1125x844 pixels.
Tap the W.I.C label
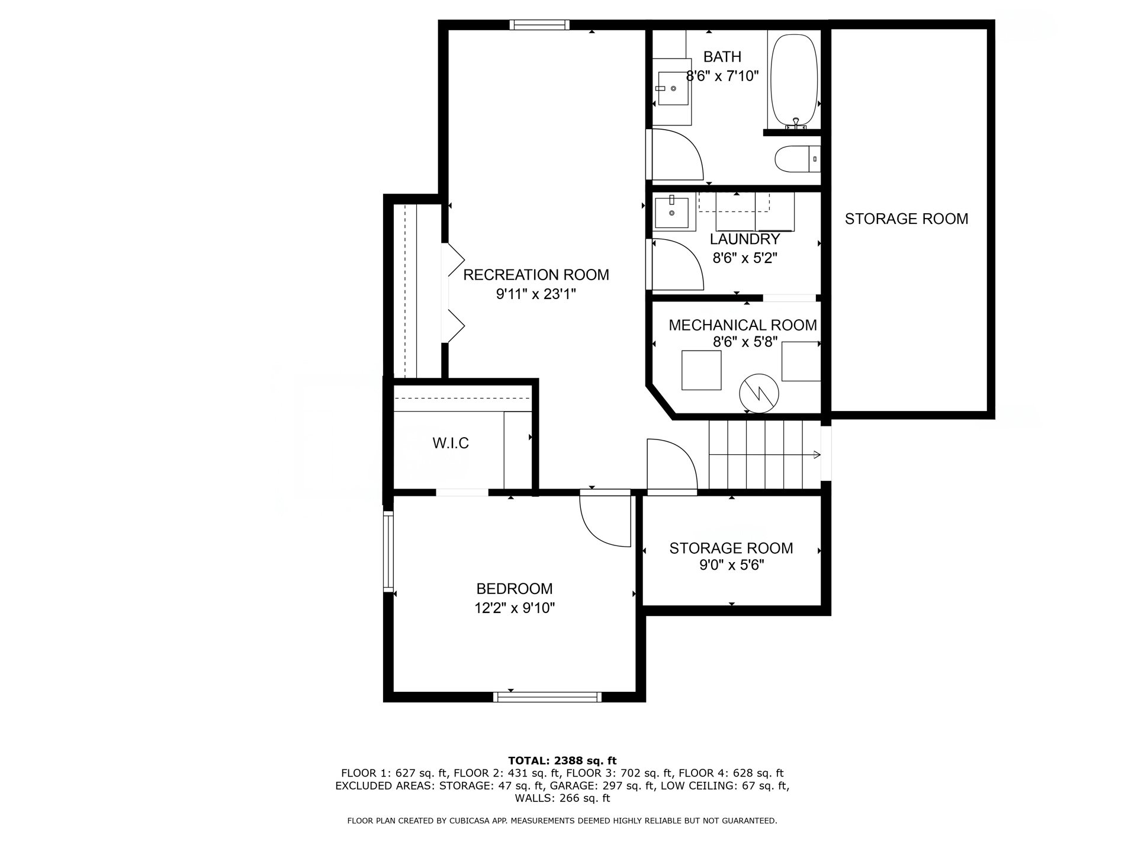451,443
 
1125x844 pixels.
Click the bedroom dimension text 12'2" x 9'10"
515,608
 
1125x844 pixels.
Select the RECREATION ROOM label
536,275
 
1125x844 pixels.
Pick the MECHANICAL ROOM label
742,325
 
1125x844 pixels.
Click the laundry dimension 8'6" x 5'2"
745,258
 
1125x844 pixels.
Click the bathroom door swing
678,155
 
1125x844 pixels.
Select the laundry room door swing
678,264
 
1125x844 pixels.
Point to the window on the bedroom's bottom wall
547,697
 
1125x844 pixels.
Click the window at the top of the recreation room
539,25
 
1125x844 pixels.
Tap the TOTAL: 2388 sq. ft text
562,760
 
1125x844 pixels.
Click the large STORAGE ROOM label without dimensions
907,219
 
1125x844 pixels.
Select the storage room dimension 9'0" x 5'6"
732,565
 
